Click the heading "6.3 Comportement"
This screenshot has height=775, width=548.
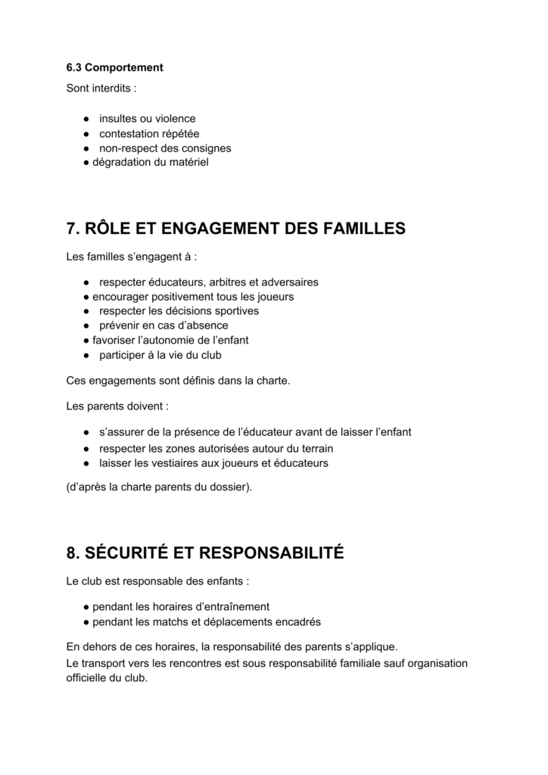114,67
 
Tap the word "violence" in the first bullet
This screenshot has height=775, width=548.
174,119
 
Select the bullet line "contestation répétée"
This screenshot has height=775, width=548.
149,133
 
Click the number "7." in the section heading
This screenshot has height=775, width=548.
74,229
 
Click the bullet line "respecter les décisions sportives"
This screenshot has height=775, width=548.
179,311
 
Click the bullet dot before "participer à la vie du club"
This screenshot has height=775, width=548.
88,354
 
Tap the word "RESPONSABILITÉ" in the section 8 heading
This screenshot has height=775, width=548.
270,553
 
